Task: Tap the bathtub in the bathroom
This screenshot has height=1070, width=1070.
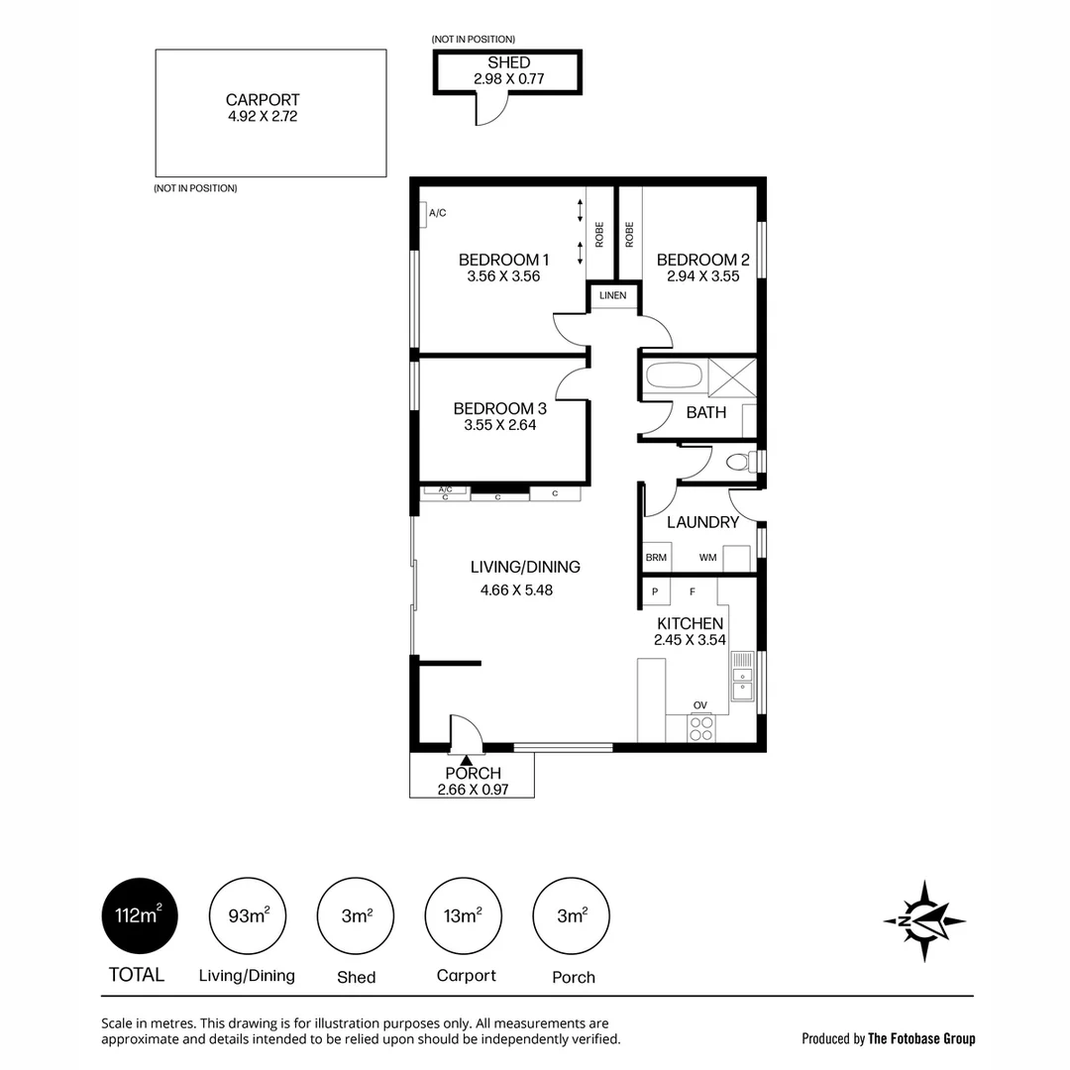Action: click(675, 376)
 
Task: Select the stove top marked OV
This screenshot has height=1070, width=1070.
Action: click(700, 727)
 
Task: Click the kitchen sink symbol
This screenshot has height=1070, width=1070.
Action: click(742, 677)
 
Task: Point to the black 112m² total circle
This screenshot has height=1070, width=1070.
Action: click(140, 915)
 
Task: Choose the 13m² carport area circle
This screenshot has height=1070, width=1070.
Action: click(464, 915)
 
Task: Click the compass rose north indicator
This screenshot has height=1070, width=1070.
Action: click(924, 920)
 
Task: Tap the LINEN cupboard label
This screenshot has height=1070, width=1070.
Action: click(613, 295)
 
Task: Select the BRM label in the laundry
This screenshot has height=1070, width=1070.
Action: click(656, 558)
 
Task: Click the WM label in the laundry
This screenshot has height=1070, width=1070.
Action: click(707, 558)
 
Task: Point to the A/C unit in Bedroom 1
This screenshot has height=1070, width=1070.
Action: click(423, 214)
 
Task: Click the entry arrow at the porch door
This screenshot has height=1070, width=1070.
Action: click(466, 760)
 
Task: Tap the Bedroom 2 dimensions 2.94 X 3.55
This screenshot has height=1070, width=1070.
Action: click(702, 276)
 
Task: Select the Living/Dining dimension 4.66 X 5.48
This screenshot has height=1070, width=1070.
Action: click(516, 590)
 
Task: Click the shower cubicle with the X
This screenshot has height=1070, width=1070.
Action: click(732, 377)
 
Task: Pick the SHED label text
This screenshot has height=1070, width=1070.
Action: click(508, 62)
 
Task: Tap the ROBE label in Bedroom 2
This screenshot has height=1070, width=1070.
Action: click(629, 235)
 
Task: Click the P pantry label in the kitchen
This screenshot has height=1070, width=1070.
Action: click(655, 591)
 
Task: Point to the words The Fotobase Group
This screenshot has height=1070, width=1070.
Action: click(921, 1038)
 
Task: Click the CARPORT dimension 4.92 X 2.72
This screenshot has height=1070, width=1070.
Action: click(263, 117)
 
